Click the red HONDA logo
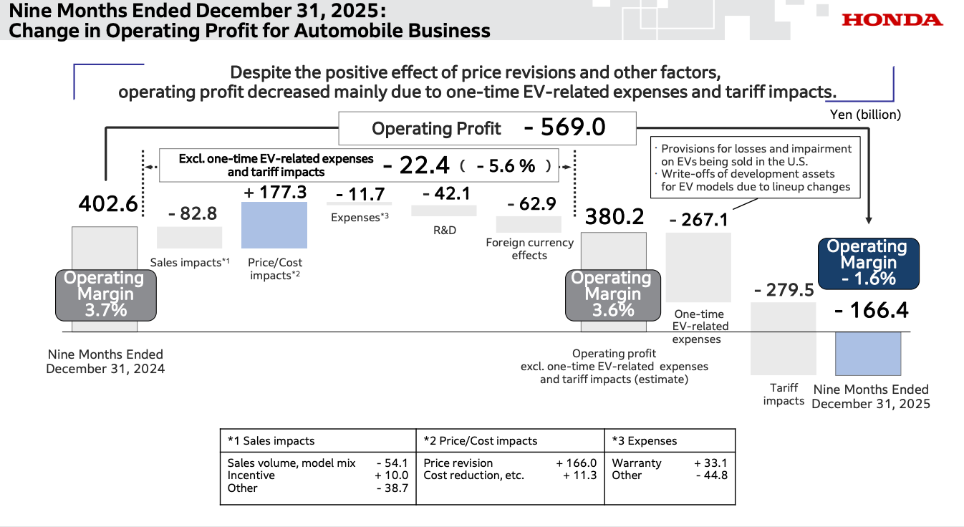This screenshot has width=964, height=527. coord(892,20)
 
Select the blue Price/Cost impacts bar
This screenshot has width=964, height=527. coord(274,225)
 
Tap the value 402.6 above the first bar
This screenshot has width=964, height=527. coord(107,204)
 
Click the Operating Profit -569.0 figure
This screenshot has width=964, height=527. coord(564,127)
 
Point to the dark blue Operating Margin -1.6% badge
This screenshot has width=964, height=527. coord(867,263)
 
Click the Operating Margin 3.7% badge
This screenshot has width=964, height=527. coord(105,294)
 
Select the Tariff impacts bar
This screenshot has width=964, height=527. coord(783,339)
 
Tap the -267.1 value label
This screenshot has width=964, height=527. coord(698,219)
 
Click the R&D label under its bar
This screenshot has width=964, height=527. coord(444,231)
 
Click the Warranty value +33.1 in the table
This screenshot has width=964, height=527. coord(710,463)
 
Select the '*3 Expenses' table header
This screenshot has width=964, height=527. coord(645,441)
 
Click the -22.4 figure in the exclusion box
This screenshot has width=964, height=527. coord(416,165)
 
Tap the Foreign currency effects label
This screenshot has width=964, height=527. coord(530,248)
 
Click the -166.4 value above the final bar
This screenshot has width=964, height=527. coord(871,310)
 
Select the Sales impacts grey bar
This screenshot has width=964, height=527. coord(189,237)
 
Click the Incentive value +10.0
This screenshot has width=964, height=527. coord(391,475)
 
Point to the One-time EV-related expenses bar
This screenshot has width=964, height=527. coord(698,267)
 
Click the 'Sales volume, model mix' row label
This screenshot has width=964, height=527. coord(291,463)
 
